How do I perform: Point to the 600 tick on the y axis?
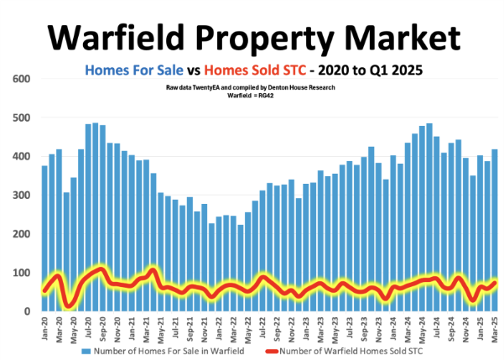21,79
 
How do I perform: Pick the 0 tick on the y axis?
27,311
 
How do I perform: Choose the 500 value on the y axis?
21,117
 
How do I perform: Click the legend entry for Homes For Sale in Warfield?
176,350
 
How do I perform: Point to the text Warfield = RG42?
251,96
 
